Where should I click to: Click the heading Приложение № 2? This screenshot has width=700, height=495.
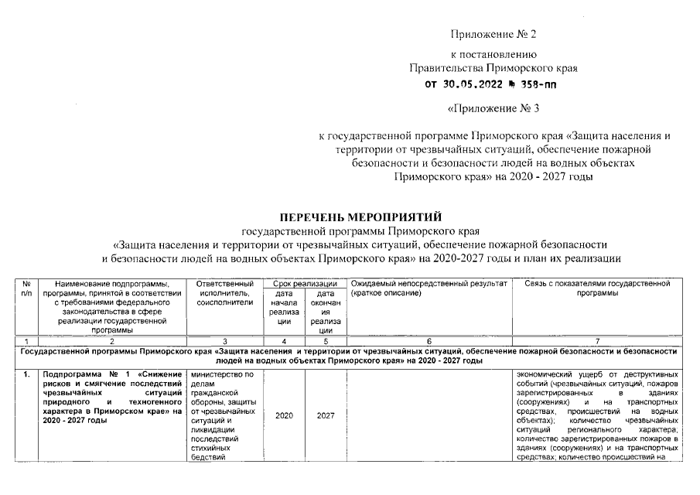pyautogui.click(x=493, y=35)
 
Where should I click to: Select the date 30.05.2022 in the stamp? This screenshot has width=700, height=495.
pyautogui.click(x=471, y=85)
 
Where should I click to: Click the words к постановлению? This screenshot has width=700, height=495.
pyautogui.click(x=493, y=55)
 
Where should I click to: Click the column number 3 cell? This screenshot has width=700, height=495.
pyautogui.click(x=225, y=341)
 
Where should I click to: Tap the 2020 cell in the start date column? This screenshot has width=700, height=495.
pyautogui.click(x=284, y=415)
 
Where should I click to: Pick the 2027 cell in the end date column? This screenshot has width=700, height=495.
pyautogui.click(x=326, y=415)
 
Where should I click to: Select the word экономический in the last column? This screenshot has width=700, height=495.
pyautogui.click(x=545, y=375)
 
